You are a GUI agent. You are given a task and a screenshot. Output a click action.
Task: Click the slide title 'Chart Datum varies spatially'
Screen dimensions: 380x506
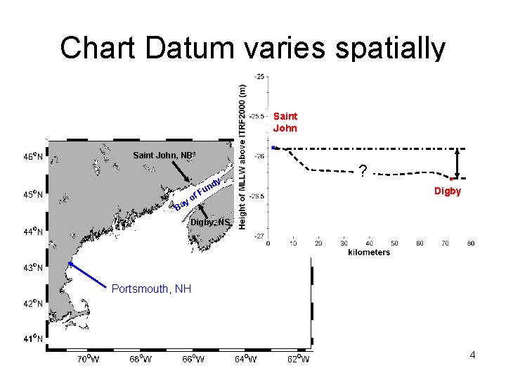click(x=252, y=48)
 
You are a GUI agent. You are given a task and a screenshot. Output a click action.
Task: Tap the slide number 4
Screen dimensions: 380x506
click(x=472, y=355)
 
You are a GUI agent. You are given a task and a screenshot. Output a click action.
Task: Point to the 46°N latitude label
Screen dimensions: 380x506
click(x=31, y=157)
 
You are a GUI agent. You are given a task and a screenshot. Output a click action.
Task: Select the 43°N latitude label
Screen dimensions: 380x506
click(x=31, y=267)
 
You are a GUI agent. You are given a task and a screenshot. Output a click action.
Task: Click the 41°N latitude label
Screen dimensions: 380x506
click(x=31, y=338)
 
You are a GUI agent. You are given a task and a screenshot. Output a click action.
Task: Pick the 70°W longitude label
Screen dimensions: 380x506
click(x=89, y=360)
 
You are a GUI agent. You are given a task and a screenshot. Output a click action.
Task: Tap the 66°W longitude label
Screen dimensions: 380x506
click(x=193, y=360)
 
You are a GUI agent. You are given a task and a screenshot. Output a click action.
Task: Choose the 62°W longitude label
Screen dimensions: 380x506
click(x=298, y=360)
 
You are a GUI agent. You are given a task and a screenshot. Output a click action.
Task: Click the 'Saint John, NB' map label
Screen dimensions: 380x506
click(x=164, y=155)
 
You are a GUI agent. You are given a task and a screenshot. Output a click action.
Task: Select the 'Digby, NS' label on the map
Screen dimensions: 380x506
click(x=211, y=222)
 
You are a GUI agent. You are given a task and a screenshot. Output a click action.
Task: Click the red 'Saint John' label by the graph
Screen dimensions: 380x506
click(x=285, y=122)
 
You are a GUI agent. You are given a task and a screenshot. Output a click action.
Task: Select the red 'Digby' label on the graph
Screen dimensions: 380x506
click(x=447, y=191)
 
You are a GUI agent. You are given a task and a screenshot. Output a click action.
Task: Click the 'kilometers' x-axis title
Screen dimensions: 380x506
click(x=368, y=253)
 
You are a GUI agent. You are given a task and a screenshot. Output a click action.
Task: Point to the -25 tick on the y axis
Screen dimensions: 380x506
click(x=259, y=76)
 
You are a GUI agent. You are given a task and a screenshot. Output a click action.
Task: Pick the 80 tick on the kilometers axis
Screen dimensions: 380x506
click(x=470, y=243)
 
